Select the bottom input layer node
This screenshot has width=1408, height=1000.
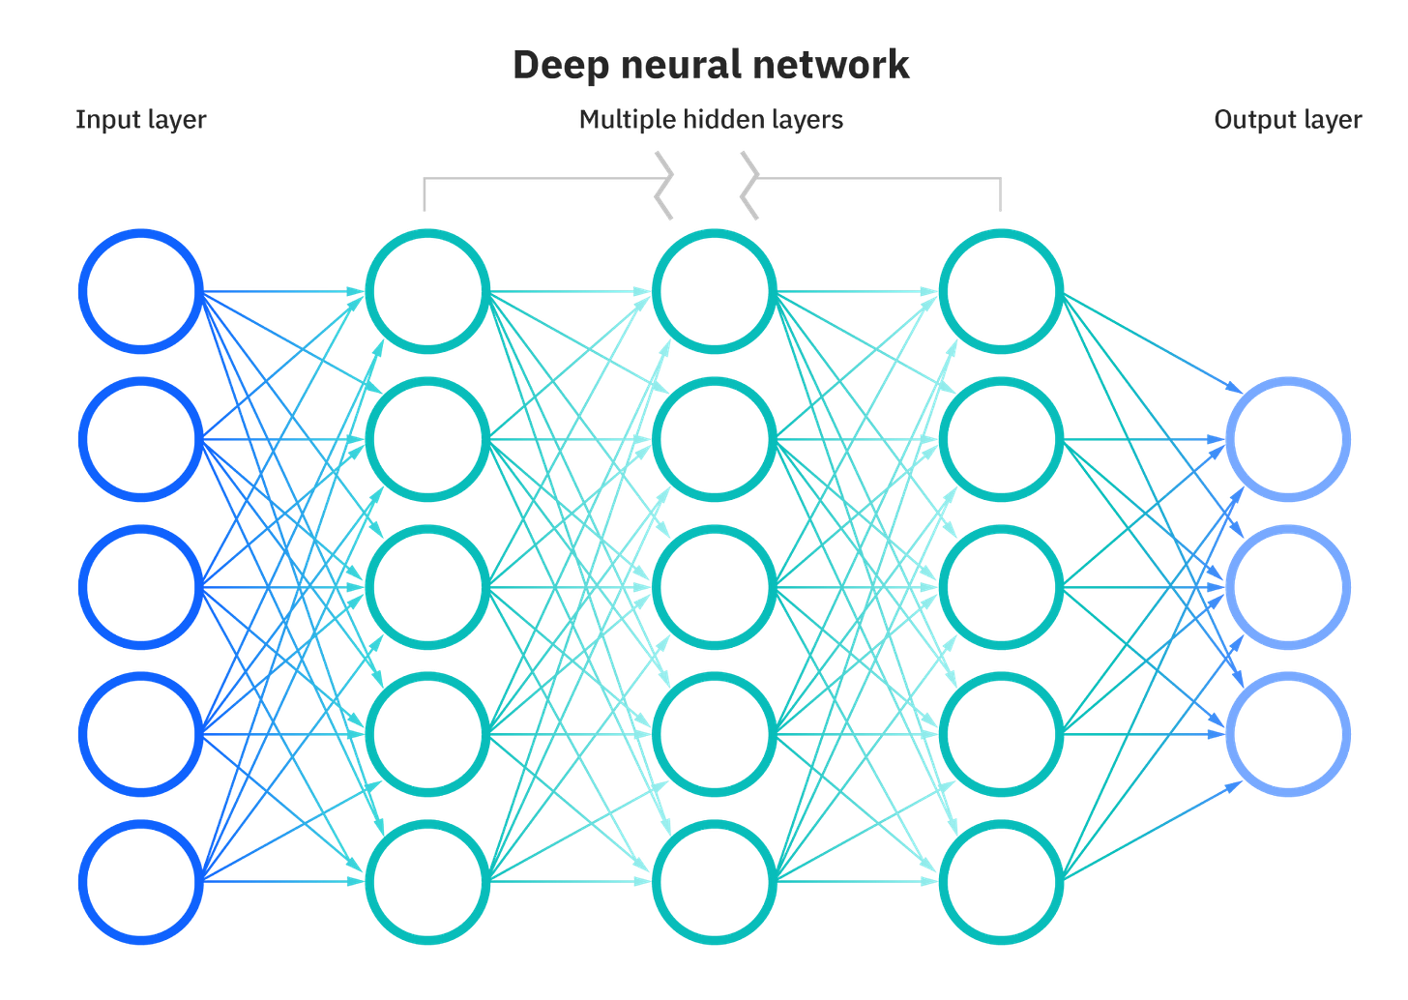(141, 881)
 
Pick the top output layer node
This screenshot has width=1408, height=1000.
(1287, 438)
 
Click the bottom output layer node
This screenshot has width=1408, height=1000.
(1287, 734)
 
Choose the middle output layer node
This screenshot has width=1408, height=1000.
(1287, 586)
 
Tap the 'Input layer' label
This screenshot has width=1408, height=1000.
(141, 120)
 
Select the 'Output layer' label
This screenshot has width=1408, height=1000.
(1287, 120)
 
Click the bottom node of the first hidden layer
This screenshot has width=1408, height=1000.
(427, 881)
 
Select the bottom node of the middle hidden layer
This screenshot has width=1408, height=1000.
(715, 881)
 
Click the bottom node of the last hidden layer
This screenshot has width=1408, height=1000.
(1001, 881)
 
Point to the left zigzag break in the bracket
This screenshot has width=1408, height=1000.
(663, 185)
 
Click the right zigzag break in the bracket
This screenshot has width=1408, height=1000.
(749, 185)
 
